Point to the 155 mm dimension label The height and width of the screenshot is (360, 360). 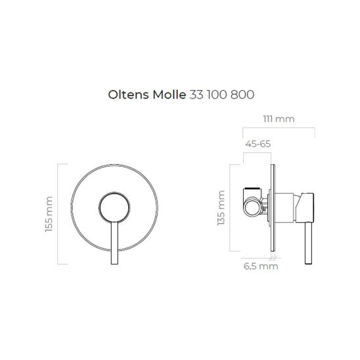pos(50,214)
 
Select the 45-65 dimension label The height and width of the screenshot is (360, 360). pos(257,144)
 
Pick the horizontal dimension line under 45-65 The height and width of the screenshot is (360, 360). pos(258,152)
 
